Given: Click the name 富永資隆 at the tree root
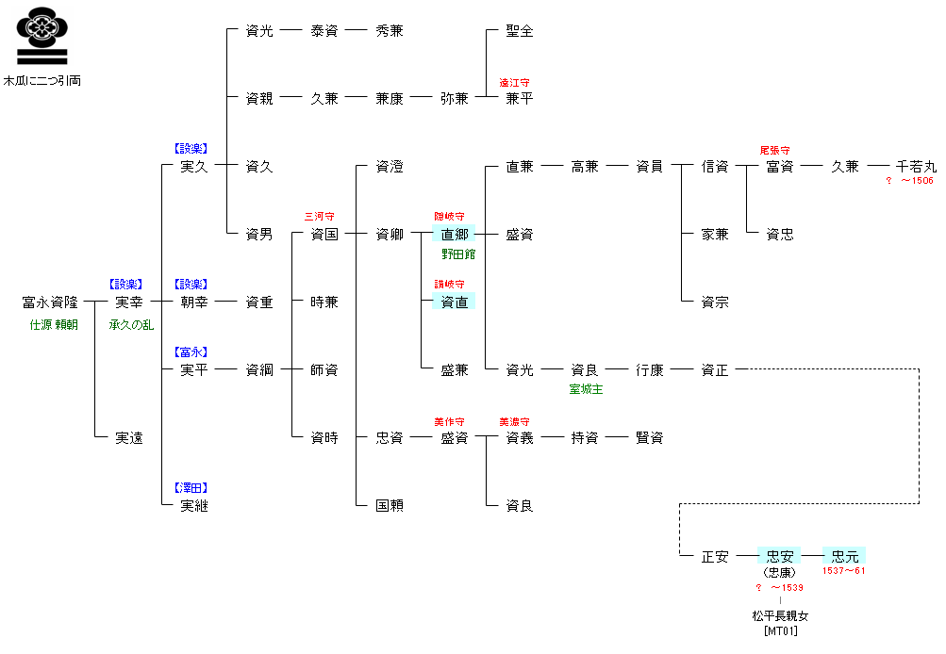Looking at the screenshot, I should point(50,302).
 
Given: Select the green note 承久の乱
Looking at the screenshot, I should point(131,325).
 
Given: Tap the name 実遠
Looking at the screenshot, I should point(129,438).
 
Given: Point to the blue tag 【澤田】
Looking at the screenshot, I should point(191,487).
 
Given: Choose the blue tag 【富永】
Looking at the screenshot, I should point(191,352).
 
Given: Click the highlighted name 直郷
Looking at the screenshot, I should point(455,235).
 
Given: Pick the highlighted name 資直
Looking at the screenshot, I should point(455,302).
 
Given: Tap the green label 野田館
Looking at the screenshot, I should point(458,253).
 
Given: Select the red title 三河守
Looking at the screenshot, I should point(319,216).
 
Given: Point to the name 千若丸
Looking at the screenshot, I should point(916,167).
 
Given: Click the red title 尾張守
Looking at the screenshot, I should point(774,150).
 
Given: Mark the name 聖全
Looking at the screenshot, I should point(520,31).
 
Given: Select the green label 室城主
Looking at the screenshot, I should point(586,389).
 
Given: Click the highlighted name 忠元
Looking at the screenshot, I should point(845,556).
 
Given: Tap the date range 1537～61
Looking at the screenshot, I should point(844,571).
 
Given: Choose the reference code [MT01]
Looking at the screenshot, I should point(780,630).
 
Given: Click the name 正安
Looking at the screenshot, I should point(715,556).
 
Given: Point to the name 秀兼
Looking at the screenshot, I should point(390,31).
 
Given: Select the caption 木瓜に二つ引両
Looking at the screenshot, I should point(42,81).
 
